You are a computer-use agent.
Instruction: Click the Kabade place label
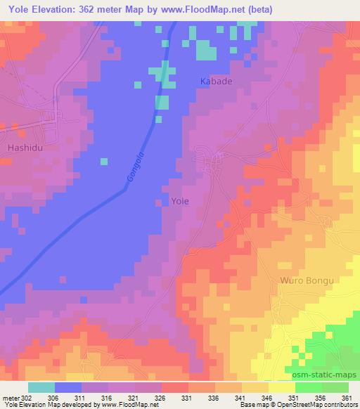[x=216, y=82]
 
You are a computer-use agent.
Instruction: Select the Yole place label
[x=180, y=201]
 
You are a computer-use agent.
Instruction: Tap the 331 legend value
[x=188, y=397]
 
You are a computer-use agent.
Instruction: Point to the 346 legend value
[x=268, y=397]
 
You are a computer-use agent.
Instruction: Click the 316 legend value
[x=108, y=397]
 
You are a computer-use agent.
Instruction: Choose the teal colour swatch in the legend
[x=41, y=387]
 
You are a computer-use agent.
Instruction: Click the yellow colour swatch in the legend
[x=281, y=387]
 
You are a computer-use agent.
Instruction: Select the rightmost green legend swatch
[x=335, y=387]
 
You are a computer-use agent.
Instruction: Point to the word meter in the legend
[x=11, y=397]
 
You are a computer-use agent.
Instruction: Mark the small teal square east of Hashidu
[x=103, y=161]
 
